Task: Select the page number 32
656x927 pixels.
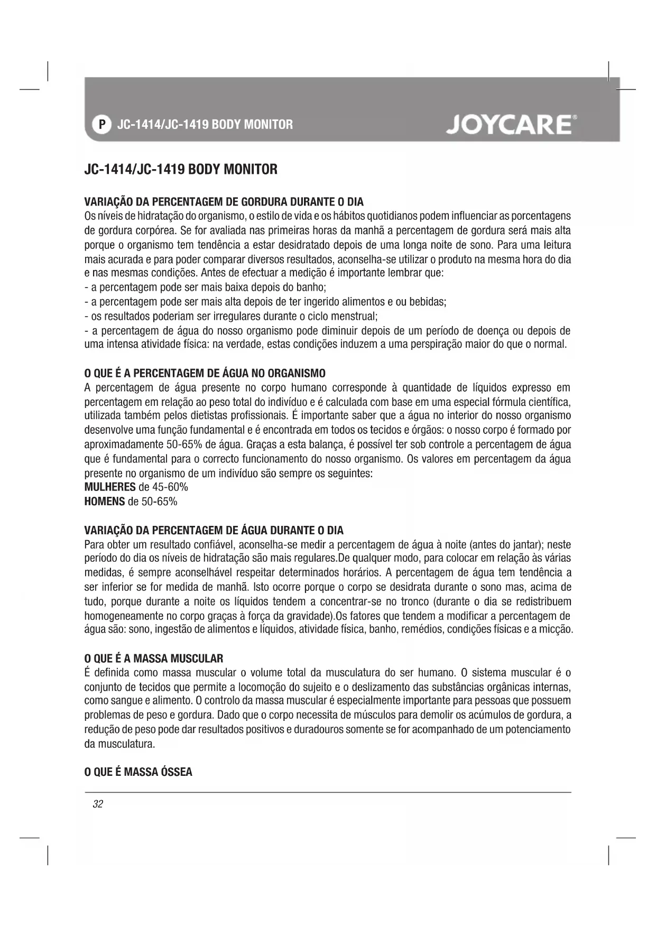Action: click(98, 804)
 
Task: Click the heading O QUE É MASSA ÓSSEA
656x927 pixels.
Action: click(138, 772)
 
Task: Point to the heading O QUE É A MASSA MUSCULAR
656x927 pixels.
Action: click(154, 659)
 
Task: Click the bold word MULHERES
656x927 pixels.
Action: click(110, 487)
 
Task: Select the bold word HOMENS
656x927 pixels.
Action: click(104, 502)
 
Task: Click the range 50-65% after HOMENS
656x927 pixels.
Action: click(159, 502)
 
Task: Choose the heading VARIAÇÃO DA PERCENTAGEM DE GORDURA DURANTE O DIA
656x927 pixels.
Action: click(224, 202)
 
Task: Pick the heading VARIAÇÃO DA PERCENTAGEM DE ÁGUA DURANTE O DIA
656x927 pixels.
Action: click(214, 530)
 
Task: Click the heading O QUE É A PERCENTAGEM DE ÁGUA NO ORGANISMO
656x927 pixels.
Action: click(205, 374)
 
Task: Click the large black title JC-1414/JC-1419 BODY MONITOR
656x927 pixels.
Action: click(181, 170)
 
